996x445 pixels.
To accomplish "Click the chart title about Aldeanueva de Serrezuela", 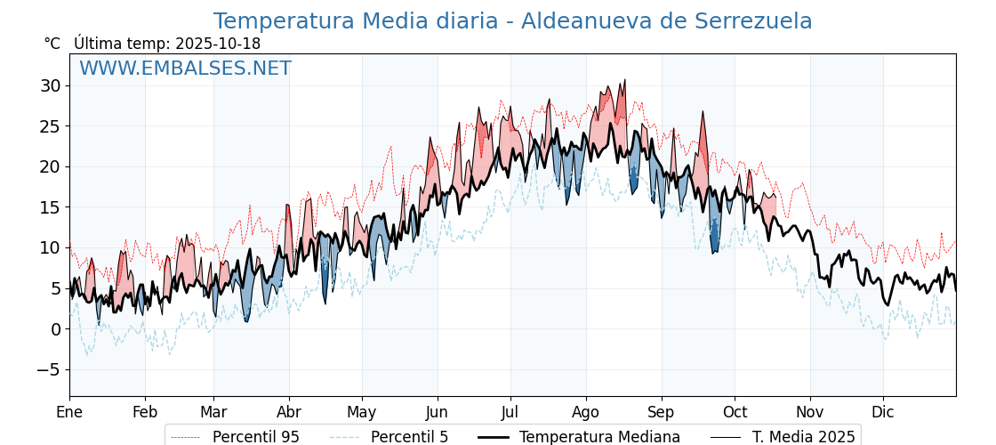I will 512,21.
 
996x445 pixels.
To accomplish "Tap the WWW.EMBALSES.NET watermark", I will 185,69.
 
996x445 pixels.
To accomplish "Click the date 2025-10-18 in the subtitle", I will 218,44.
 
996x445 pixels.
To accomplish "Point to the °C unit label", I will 52,44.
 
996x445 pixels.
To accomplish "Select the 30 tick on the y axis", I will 50,85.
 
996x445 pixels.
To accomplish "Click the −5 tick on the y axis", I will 48,369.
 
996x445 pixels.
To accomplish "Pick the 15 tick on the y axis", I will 50,207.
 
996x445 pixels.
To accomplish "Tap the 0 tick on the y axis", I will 55,329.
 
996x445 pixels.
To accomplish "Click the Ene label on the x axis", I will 69,412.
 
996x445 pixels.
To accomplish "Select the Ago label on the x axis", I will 586,412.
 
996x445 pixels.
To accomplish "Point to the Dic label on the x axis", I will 883,412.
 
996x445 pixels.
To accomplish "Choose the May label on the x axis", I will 362,412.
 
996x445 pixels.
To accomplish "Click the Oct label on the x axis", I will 735,412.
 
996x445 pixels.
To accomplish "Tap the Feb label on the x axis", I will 145,412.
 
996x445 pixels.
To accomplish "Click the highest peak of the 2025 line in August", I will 624,80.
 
